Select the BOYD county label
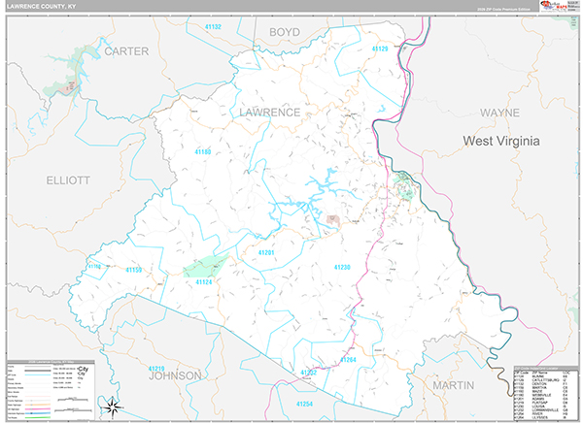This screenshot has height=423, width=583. [284, 32]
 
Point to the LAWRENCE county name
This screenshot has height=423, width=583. [269, 113]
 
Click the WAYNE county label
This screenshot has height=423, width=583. [499, 113]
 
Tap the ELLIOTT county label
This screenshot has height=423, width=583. [67, 180]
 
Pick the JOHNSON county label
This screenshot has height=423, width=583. [174, 374]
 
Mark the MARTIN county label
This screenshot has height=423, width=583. [453, 385]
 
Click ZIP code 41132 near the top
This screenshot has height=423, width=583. [212, 26]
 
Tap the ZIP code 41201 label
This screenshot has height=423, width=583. [267, 252]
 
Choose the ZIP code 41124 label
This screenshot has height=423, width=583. [204, 281]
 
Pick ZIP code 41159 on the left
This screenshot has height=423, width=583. [134, 269]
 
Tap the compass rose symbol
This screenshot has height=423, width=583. [113, 407]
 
